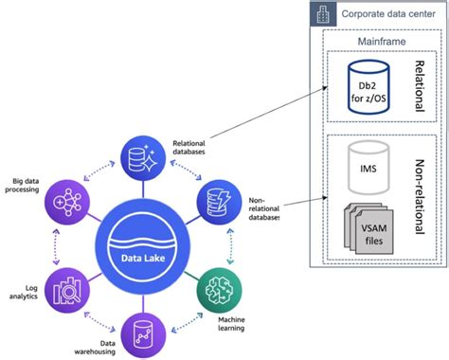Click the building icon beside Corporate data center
pyautogui.click(x=323, y=13)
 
